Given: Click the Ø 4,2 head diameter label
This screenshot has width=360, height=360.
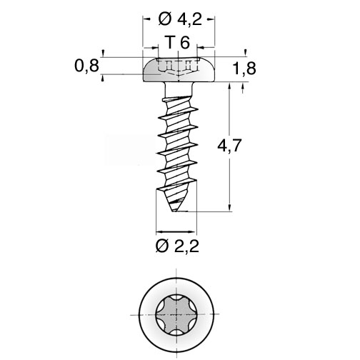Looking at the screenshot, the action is tap(180, 19).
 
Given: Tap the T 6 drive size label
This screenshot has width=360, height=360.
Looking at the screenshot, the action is tap(178, 43).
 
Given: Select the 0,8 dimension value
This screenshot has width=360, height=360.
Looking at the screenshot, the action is tap(86, 66).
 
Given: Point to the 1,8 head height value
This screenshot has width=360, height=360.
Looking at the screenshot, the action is tap(244, 69).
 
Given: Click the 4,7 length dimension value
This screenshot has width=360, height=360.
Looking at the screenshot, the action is tap(230, 145).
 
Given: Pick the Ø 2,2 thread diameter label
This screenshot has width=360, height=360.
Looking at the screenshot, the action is tap(177, 246).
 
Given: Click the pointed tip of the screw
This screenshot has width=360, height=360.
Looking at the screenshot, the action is tap(174, 211).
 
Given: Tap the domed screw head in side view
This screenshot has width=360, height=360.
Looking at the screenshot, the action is tap(179, 69).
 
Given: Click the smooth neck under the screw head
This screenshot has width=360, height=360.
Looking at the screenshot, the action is tap(179, 89).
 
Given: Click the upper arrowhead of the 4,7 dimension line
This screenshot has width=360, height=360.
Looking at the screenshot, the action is tap(230, 86).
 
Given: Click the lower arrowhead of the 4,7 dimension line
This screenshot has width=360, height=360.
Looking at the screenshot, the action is tap(230, 207).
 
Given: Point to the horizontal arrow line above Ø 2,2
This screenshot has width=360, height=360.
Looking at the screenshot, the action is tap(176, 231).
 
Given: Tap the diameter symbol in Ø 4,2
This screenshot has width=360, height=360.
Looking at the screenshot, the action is tap(165, 19).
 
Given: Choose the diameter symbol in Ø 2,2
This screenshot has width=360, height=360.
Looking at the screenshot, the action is tap(162, 246).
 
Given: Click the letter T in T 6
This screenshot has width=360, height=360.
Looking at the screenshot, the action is tap(170, 43).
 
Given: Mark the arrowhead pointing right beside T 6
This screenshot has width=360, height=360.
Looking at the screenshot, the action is tap(154, 48).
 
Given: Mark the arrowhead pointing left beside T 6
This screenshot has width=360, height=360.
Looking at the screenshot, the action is tap(201, 48).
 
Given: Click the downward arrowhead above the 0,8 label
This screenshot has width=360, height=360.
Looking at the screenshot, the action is tap(103, 53).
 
